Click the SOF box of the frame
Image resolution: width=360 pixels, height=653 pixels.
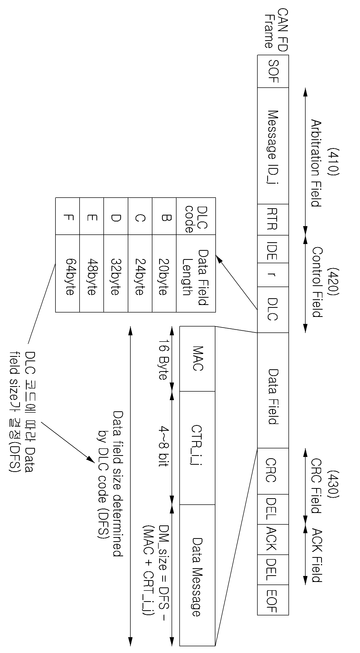tap(273, 71)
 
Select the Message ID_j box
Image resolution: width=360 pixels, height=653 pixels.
tap(273, 146)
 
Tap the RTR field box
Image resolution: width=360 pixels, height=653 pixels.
tap(273, 219)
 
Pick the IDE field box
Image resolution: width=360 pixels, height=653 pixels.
tap(273, 249)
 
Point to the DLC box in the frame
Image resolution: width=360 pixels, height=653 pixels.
tap(273, 310)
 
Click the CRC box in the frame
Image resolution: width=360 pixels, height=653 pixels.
tap(273, 471)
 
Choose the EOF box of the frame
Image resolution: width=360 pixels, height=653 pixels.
tap(273, 601)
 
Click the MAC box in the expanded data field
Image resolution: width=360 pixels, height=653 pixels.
tap(197, 359)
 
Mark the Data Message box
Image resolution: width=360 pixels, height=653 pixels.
tap(197, 575)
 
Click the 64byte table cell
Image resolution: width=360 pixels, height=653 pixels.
tap(68, 274)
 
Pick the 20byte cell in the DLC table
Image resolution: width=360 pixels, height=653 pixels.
tap(164, 274)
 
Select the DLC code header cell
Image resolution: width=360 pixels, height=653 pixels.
tap(196, 216)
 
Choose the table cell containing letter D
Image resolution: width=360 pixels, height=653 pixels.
tap(116, 216)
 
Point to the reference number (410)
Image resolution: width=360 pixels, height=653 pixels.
tap(333, 162)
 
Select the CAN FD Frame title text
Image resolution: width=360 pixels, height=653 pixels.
tap(276, 30)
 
